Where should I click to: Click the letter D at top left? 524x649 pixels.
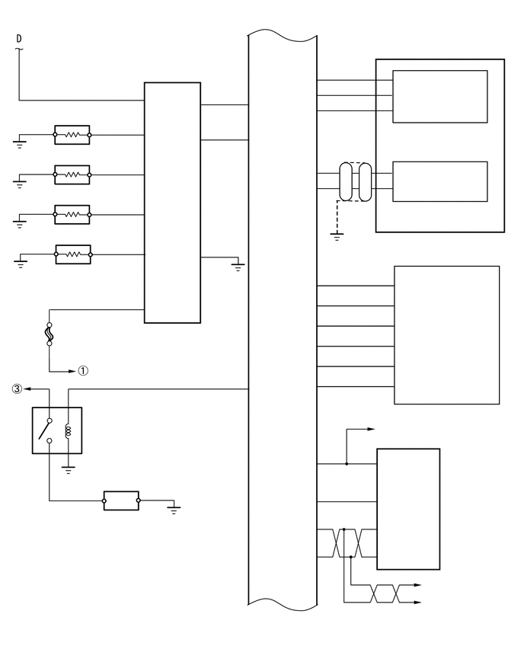[x=19, y=37]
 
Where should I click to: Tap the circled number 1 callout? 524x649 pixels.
[x=83, y=371]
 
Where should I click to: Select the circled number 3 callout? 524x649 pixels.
[x=16, y=388]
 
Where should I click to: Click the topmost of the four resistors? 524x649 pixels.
[x=72, y=135]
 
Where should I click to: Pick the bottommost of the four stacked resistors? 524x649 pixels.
[x=72, y=254]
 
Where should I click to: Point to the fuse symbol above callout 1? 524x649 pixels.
[x=50, y=334]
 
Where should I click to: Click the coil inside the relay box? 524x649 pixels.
[x=69, y=431]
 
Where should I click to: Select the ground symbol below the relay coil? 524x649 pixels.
[x=69, y=471]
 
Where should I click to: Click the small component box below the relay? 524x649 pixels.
[x=121, y=500]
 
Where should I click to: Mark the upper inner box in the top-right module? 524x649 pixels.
[x=439, y=97]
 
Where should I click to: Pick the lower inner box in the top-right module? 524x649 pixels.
[x=439, y=181]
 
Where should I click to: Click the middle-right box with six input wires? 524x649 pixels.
[x=446, y=334]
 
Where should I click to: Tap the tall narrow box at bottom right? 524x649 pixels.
[x=408, y=508]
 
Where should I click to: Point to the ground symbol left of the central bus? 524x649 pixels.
[x=238, y=266]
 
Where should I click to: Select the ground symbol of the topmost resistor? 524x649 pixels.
[x=20, y=142]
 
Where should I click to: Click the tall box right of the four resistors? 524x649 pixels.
[x=172, y=202]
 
